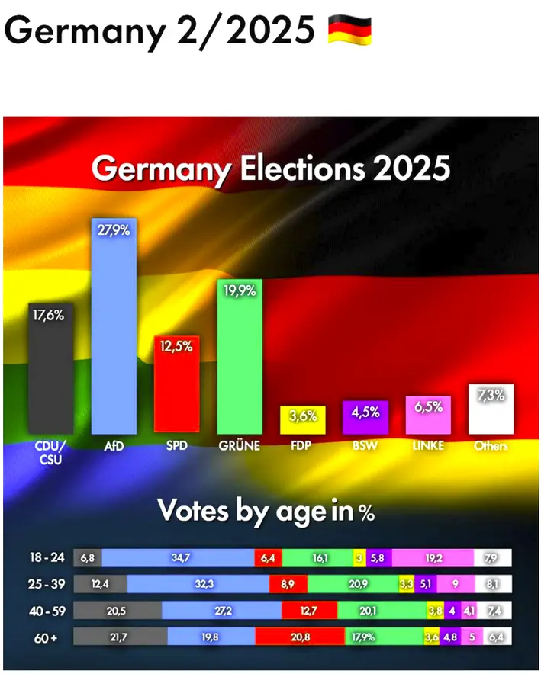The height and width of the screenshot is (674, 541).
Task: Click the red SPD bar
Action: pos(176,384)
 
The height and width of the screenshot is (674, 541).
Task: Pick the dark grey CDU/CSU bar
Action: pos(51,369)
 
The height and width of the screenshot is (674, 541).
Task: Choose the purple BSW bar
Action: pos(365,416)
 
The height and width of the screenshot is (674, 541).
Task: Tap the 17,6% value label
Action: pos(47,314)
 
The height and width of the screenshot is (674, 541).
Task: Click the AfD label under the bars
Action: pos(114,445)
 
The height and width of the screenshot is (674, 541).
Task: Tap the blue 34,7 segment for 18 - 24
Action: pos(178,558)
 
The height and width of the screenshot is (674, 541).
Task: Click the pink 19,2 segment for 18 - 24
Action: pos(433,558)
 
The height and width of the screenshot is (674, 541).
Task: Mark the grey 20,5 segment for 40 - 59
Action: pos(118,610)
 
